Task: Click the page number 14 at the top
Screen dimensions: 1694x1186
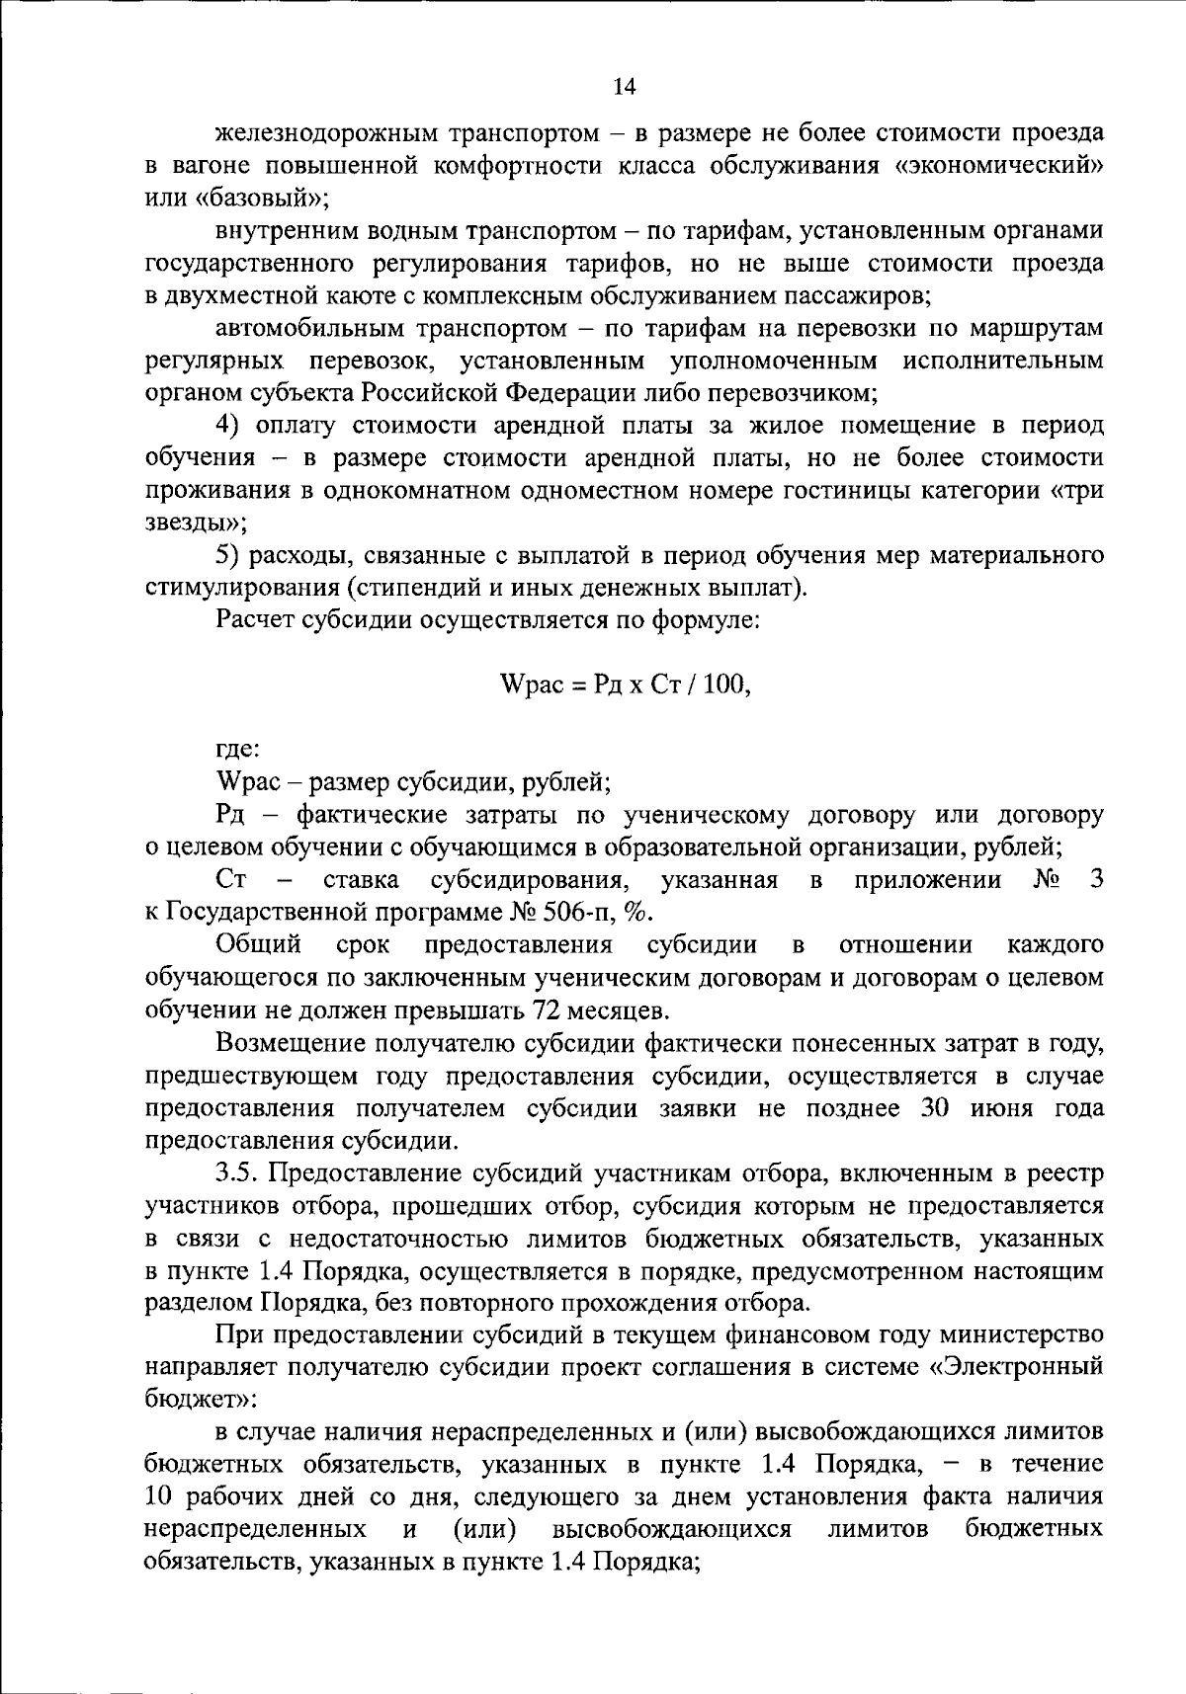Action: [x=624, y=86]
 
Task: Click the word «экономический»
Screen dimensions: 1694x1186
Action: [x=998, y=165]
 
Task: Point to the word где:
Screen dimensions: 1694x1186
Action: [x=237, y=751]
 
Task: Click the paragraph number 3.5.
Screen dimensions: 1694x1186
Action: [x=237, y=1173]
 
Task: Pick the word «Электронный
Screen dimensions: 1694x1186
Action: [x=1017, y=1368]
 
